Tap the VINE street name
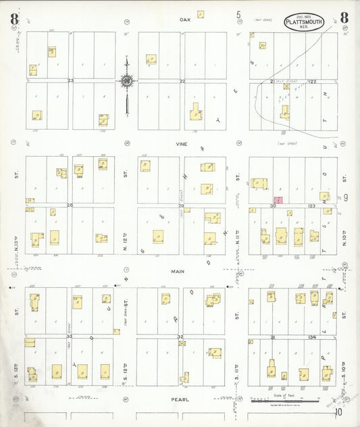click(180, 145)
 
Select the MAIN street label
click(178, 271)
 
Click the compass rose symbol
click(126, 80)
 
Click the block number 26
click(70, 205)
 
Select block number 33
click(70, 336)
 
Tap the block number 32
click(180, 336)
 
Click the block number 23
click(70, 81)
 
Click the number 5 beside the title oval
click(238, 15)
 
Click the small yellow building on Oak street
click(200, 14)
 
